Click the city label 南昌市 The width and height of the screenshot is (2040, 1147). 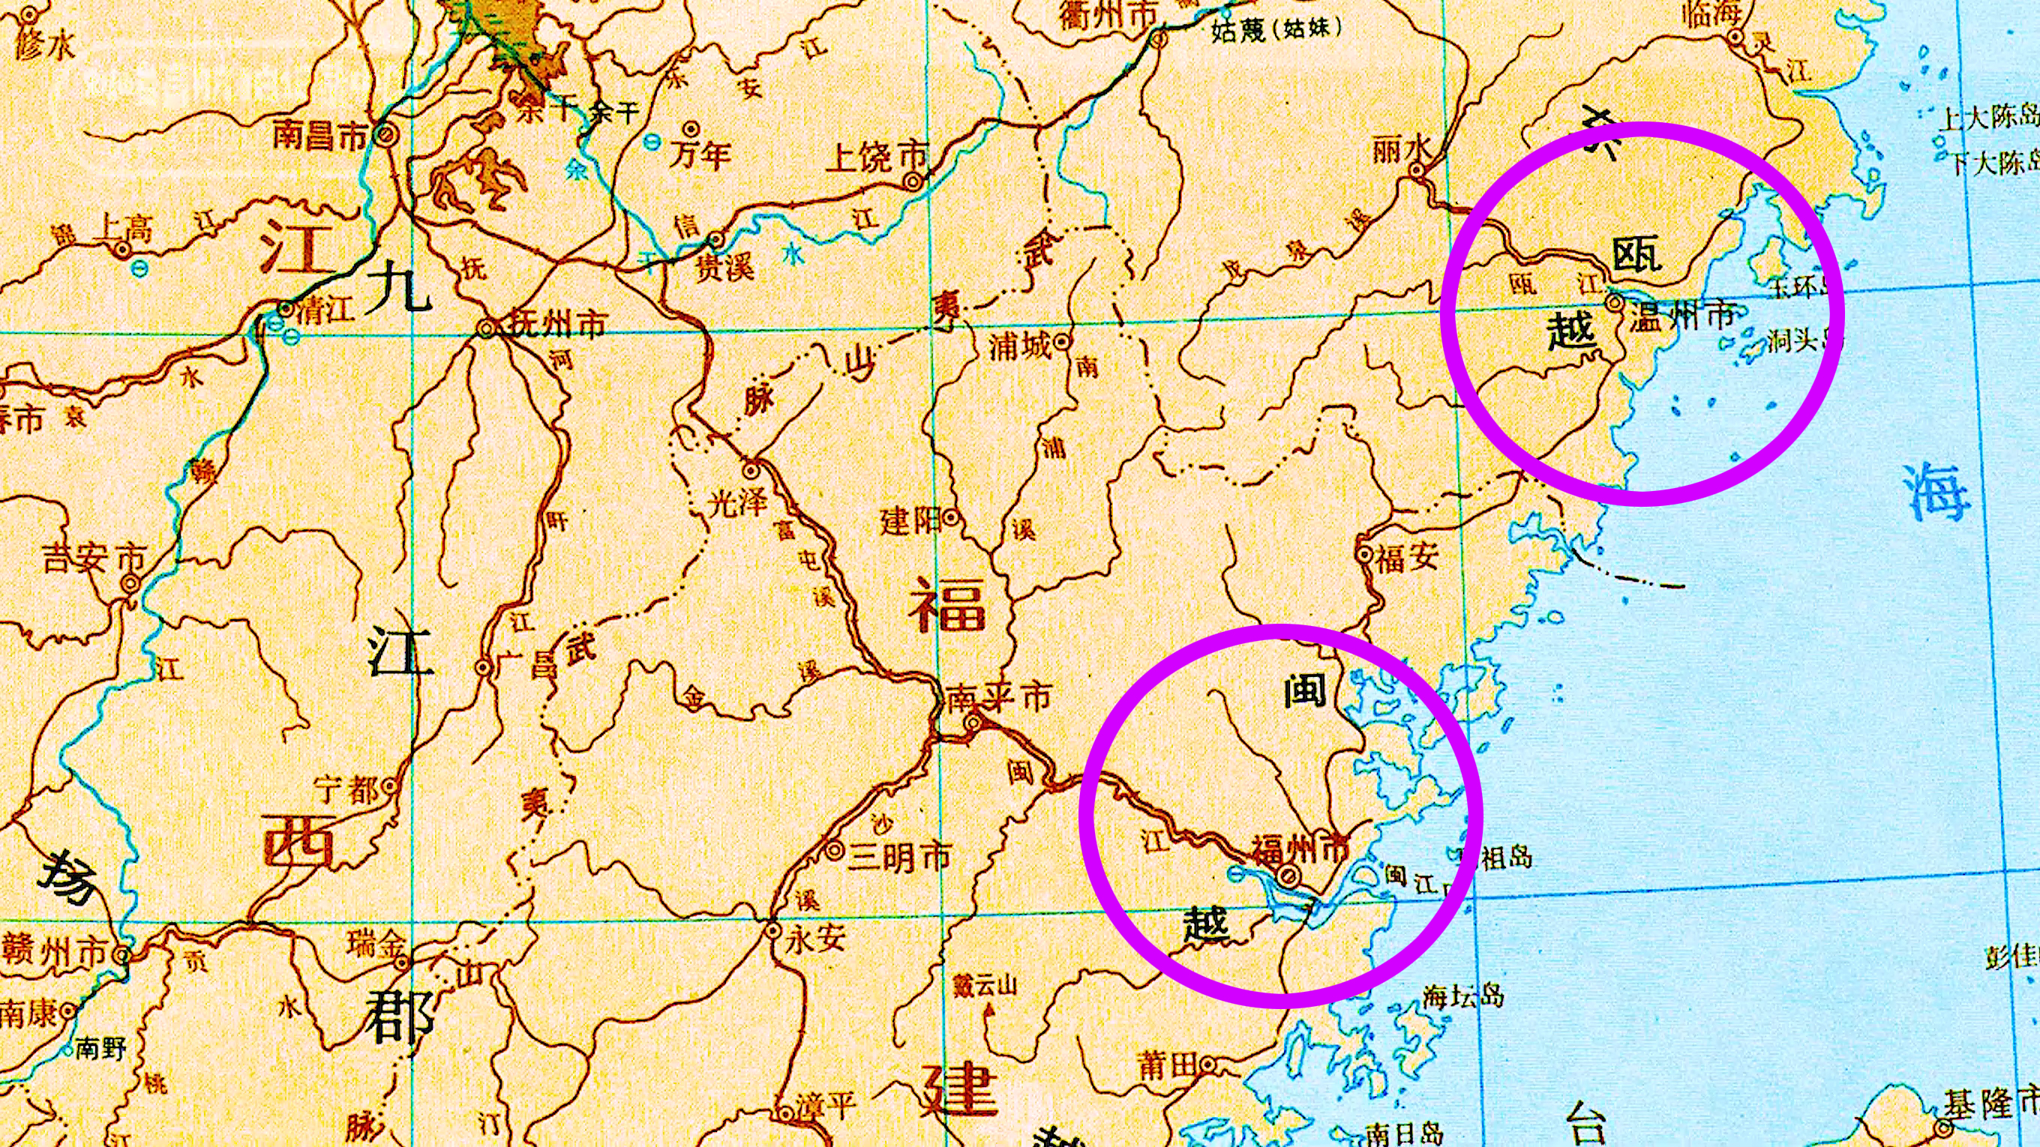coord(321,136)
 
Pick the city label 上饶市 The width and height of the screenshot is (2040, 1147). coord(875,157)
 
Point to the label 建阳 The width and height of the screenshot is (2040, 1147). coord(910,521)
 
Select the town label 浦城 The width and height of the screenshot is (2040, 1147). coord(1019,345)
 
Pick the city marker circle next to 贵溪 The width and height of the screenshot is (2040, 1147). coord(716,239)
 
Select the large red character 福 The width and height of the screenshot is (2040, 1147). coord(947,603)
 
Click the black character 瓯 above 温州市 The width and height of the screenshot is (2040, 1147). coord(1637,256)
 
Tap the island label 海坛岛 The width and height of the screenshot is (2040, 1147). coord(1462,996)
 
